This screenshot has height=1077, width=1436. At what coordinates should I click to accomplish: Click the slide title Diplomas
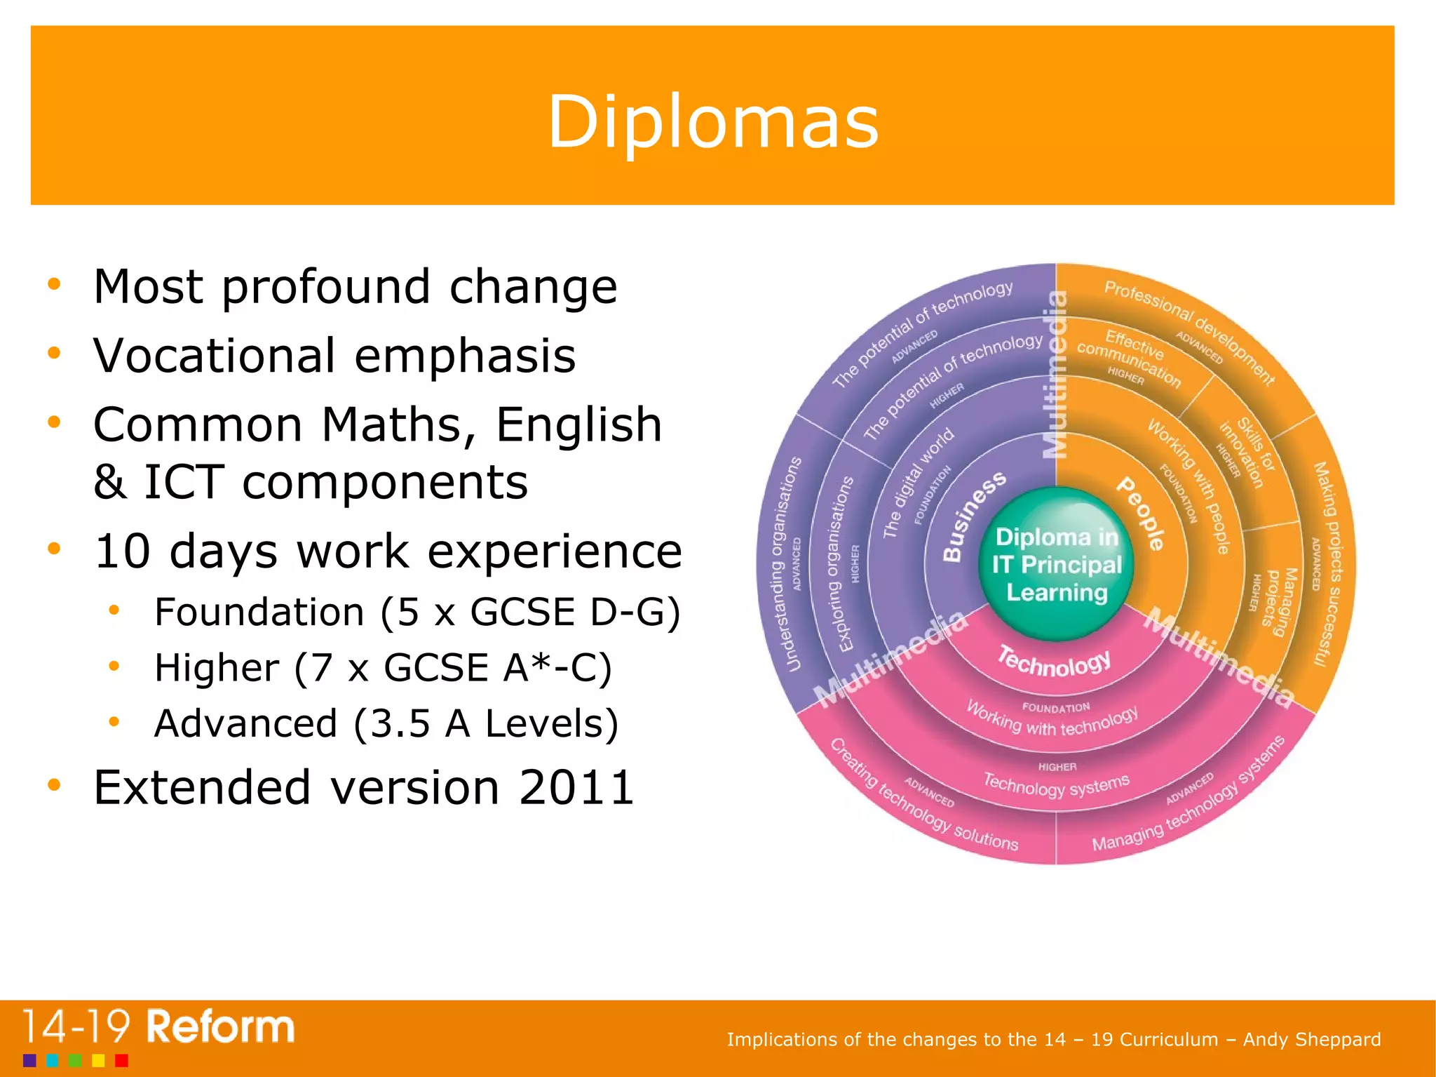[712, 123]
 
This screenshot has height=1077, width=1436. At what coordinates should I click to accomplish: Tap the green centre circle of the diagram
[1057, 564]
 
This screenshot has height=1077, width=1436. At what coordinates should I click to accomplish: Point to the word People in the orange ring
[1142, 513]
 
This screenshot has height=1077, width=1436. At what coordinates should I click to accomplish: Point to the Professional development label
[1189, 330]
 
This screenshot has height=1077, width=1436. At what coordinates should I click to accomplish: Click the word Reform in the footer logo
[220, 1027]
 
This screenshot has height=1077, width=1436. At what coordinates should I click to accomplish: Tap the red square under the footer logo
[121, 1060]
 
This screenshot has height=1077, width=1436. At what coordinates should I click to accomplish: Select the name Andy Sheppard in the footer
[1312, 1039]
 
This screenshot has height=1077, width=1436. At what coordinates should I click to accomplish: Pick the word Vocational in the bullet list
[214, 356]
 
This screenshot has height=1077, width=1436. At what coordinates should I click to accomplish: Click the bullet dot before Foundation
[114, 610]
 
